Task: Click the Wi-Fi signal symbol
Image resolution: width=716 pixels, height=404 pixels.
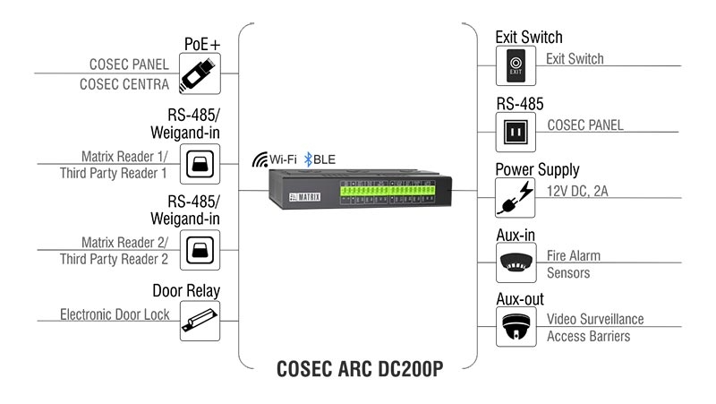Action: point(260,159)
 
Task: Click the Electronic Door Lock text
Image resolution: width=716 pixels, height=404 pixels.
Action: point(114,314)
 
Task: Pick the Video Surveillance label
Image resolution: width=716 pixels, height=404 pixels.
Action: point(595,320)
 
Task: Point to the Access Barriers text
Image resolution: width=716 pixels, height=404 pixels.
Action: point(588,337)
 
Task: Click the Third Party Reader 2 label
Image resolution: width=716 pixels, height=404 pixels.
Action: point(114,259)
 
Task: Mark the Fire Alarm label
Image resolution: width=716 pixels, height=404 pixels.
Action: point(574,255)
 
